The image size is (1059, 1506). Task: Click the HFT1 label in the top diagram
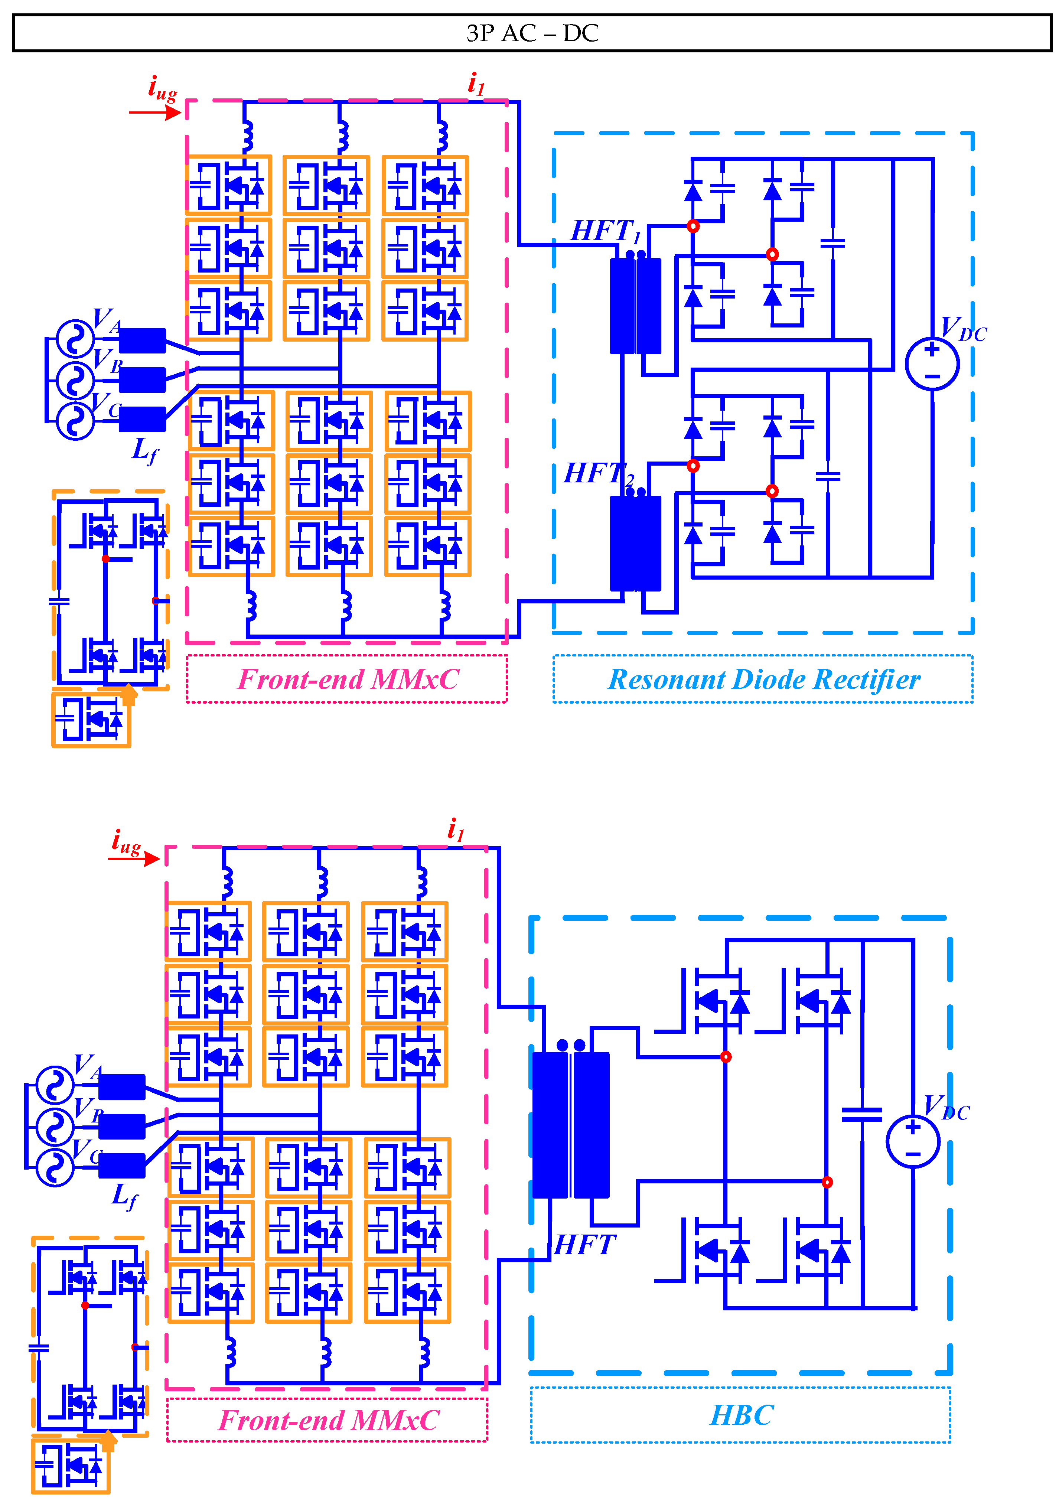[604, 232]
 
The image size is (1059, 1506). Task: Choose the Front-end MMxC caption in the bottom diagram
[328, 1421]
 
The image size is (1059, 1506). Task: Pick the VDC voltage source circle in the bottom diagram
[913, 1141]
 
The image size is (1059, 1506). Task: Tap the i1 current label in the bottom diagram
[455, 830]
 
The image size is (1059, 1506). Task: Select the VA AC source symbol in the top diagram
[75, 339]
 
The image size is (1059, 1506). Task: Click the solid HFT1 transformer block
[635, 306]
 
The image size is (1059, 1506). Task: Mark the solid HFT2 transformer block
[635, 543]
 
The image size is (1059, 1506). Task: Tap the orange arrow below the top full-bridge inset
[128, 694]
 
